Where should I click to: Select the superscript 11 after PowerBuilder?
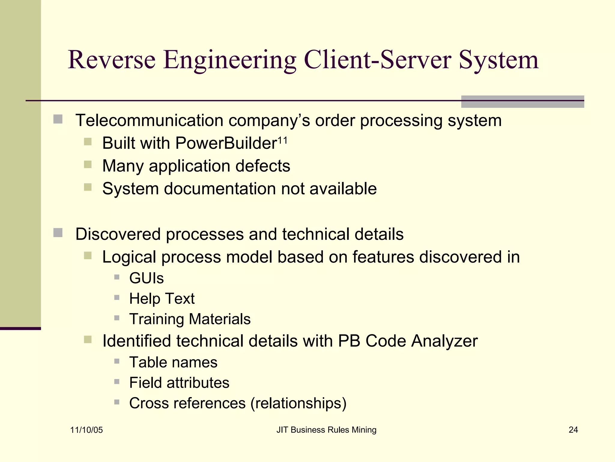point(282,140)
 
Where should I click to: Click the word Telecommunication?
point(149,120)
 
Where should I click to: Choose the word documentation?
point(220,189)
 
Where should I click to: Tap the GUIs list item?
point(147,278)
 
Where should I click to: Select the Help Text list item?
point(162,298)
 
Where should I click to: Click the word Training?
point(157,319)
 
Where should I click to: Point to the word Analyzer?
point(444,341)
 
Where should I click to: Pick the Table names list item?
point(173,362)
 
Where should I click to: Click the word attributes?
point(198,383)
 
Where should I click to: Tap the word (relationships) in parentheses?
point(298,403)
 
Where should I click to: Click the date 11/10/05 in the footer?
point(86,430)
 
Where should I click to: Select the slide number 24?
point(573,430)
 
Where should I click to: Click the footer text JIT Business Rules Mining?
point(326,430)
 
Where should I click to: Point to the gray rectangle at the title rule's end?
point(523,102)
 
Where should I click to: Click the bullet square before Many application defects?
point(88,165)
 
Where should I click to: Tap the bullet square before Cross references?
point(117,402)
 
